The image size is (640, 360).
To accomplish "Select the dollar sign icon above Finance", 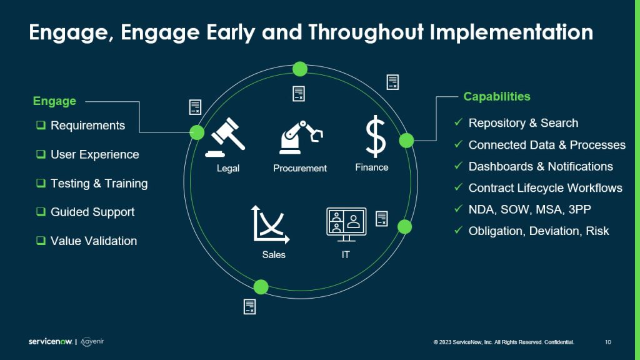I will click(376, 137).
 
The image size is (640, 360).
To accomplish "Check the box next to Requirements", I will click(41, 126).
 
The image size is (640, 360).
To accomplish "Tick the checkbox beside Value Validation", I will click(41, 241).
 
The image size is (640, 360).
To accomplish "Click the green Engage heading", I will click(54, 101).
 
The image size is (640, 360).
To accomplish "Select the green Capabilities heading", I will click(496, 97).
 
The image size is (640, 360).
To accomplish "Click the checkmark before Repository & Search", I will click(458, 122).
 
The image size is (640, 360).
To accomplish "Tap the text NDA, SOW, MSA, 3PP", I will click(529, 209).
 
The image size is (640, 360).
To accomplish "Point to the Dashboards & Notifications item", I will click(541, 166).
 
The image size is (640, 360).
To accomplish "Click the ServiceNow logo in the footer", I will click(51, 342).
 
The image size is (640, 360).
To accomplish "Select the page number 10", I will click(608, 342).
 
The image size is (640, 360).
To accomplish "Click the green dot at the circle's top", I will click(300, 69).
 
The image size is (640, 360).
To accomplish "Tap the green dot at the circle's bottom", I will click(261, 287).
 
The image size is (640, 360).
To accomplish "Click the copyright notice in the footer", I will click(504, 342).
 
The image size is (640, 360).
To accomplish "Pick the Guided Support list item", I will click(92, 212).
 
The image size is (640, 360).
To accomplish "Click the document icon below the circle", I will click(250, 306).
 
